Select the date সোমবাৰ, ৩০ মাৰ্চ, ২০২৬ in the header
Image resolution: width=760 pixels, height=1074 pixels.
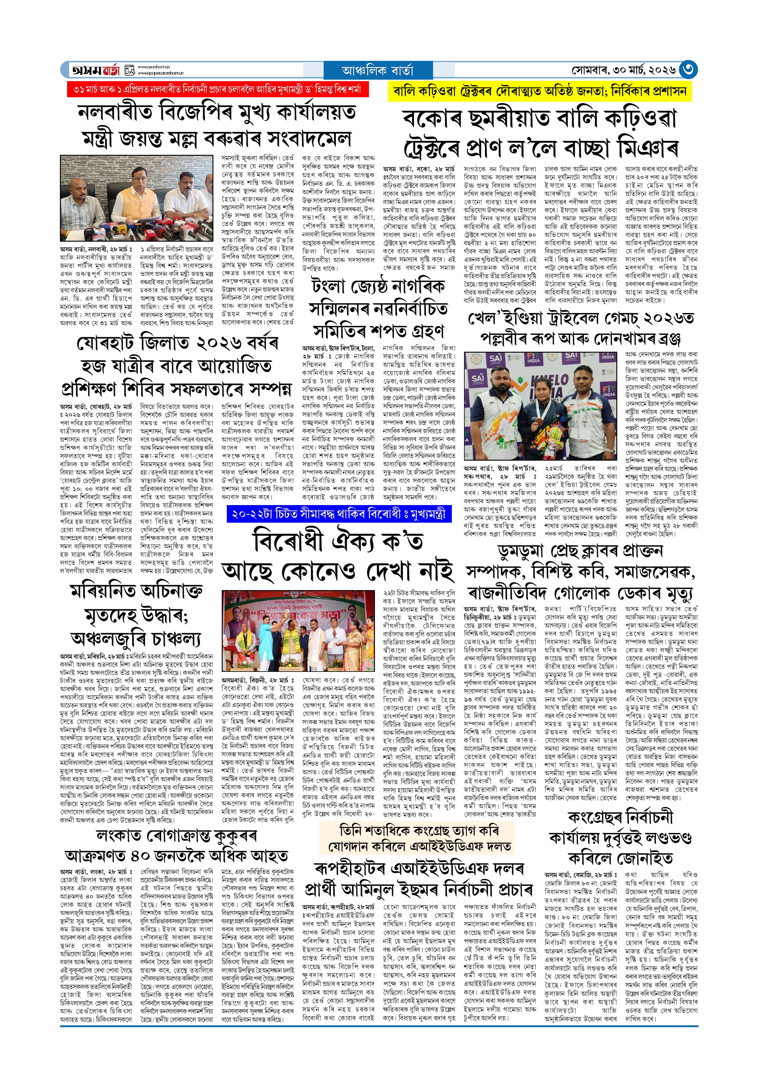tap(624, 70)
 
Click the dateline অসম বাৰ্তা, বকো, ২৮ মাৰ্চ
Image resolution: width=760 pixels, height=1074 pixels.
tap(418, 169)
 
